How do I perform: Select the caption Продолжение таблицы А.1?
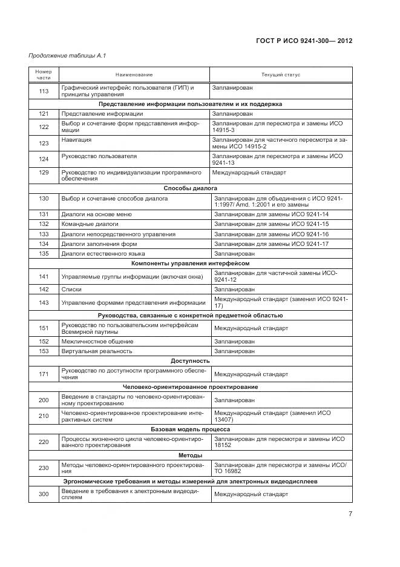[x=67, y=56]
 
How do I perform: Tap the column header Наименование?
[x=134, y=75]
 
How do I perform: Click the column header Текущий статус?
[x=280, y=75]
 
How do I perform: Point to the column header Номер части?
[x=44, y=75]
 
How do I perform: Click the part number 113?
[x=44, y=91]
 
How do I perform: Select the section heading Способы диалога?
[x=191, y=188]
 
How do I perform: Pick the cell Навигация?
[x=77, y=139]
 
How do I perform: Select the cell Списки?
[x=71, y=290]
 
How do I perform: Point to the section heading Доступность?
[x=191, y=360]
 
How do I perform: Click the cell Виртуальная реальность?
[x=97, y=351]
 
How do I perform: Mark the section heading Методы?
[x=191, y=455]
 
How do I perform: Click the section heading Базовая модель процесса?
[x=191, y=429]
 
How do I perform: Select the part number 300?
[x=44, y=494]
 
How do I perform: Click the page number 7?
[x=350, y=514]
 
